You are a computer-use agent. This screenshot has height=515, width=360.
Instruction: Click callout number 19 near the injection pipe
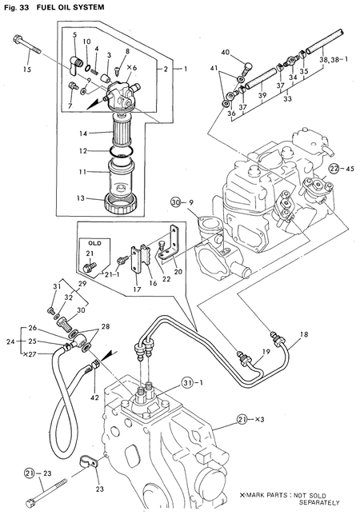pyautogui.click(x=266, y=351)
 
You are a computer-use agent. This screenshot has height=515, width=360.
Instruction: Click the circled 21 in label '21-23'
pyautogui.click(x=30, y=473)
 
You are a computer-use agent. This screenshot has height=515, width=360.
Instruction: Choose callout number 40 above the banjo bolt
pyautogui.click(x=226, y=53)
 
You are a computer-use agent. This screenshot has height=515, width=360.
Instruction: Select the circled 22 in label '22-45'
pyautogui.click(x=333, y=167)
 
